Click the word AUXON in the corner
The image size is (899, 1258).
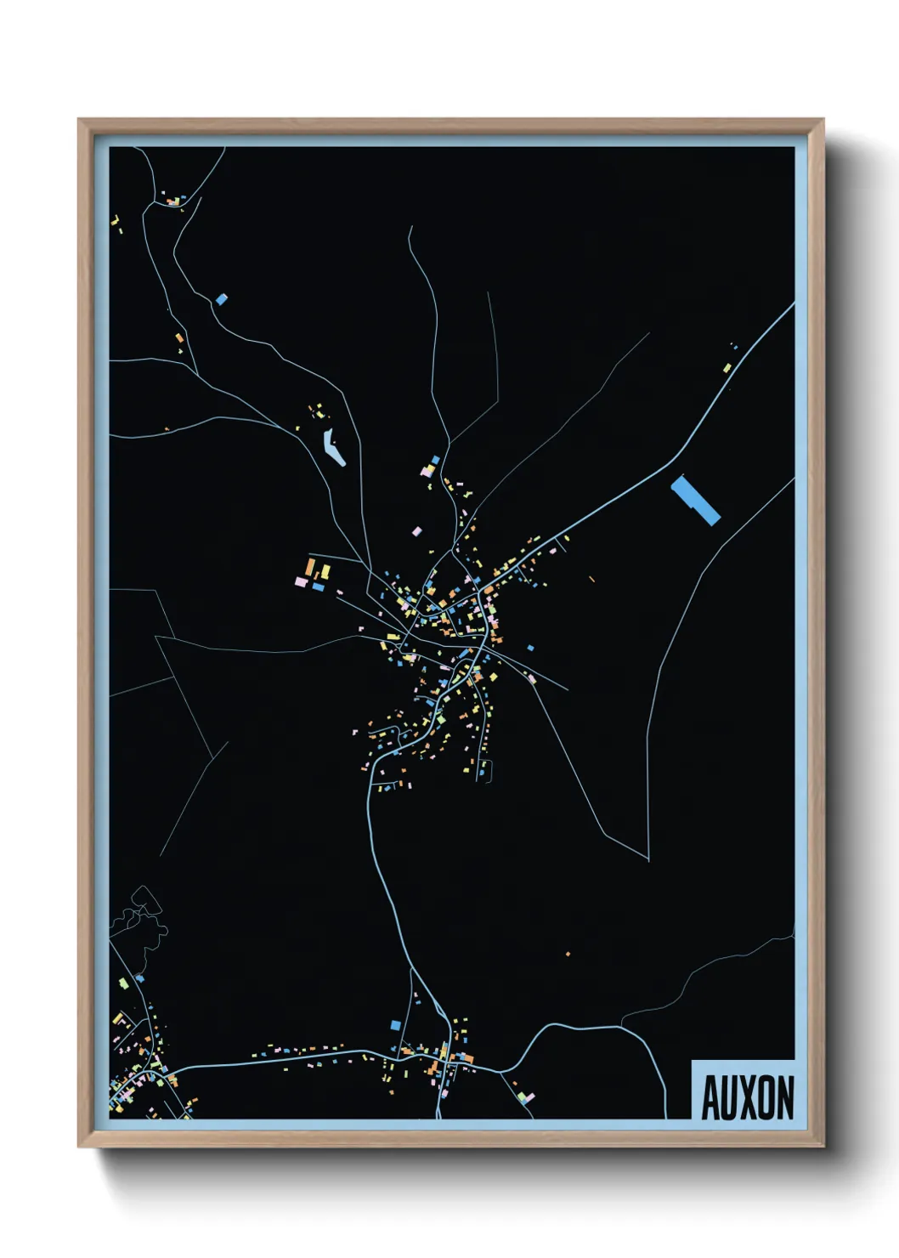coord(747,1097)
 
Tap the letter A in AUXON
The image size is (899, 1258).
coord(710,1098)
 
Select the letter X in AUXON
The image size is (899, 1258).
coord(748,1098)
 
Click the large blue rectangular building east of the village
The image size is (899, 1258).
coord(696,501)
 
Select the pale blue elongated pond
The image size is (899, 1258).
coord(334,448)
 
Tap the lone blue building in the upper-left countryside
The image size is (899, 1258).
coord(222,299)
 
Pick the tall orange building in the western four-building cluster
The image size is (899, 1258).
coord(311,567)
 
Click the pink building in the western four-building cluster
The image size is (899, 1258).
coord(300,582)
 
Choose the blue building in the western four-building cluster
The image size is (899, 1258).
coord(319,586)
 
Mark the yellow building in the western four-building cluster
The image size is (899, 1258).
coord(325,572)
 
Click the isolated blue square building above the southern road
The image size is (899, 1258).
coord(395,1025)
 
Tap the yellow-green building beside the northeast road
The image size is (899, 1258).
coord(727,368)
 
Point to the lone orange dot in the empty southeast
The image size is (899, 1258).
coord(568,954)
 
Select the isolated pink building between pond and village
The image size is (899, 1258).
coord(416,531)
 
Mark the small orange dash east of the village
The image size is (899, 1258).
coord(591,579)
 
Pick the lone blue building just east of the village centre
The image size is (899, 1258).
coord(531,648)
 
